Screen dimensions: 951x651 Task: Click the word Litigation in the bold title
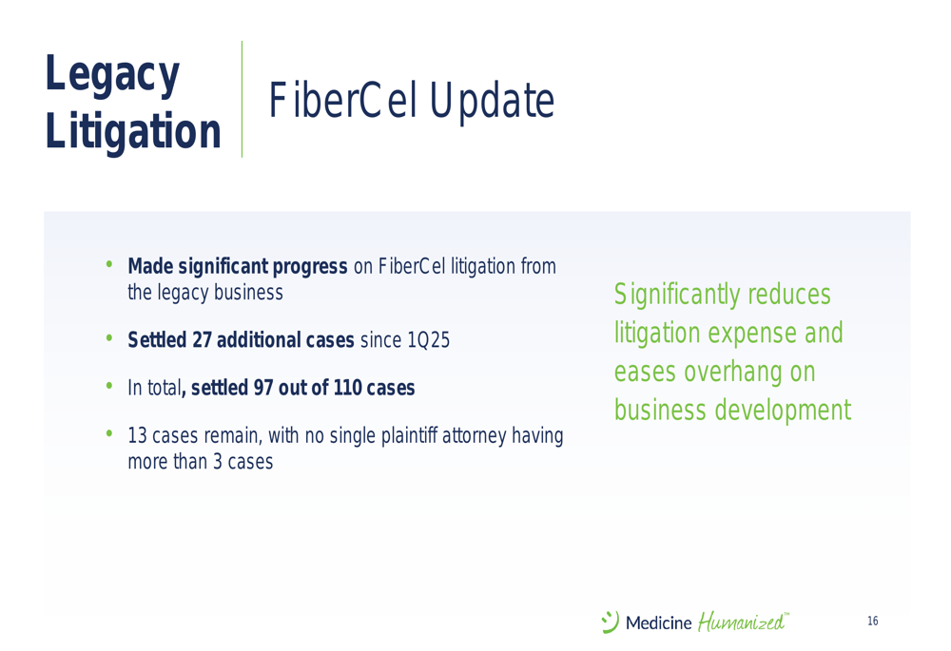(x=133, y=131)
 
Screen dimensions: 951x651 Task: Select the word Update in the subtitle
(x=492, y=102)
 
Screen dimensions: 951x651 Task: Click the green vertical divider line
(x=242, y=99)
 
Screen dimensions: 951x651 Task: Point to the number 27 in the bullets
(x=202, y=340)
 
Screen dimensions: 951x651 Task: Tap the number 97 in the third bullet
(x=263, y=388)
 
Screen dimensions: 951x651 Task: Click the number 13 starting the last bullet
(x=137, y=436)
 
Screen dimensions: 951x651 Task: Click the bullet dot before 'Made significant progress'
(x=109, y=263)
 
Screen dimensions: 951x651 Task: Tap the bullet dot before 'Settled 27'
(x=109, y=337)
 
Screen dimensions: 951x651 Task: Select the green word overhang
(x=733, y=373)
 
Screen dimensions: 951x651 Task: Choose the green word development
(x=783, y=411)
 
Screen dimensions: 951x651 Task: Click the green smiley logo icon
(x=610, y=622)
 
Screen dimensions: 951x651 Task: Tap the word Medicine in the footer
(x=659, y=623)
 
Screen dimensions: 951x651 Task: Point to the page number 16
(x=873, y=621)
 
